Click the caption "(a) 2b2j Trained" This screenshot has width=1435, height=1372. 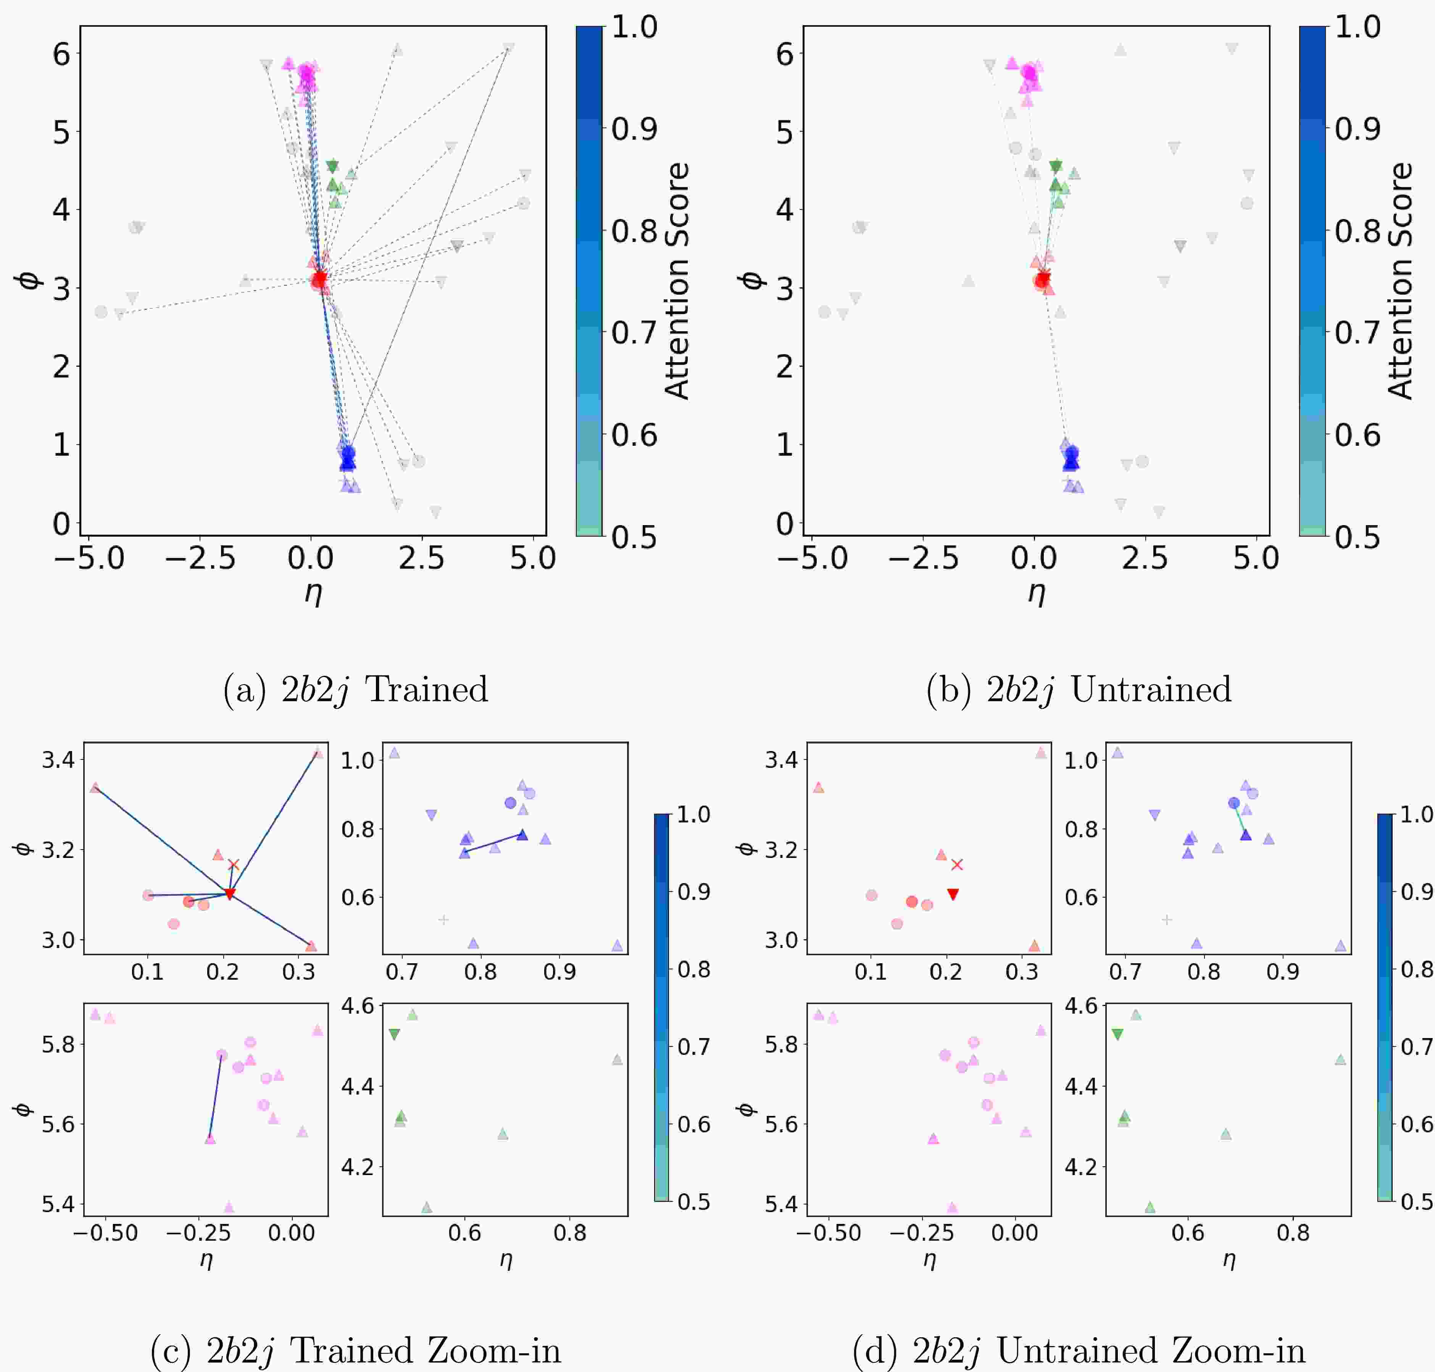click(x=355, y=690)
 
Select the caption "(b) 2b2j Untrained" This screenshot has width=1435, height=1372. click(x=1079, y=690)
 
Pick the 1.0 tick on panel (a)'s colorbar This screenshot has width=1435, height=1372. click(x=634, y=28)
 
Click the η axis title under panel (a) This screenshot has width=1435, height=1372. click(x=313, y=592)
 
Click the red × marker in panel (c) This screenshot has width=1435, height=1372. click(x=233, y=864)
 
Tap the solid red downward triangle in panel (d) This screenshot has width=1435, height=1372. click(x=952, y=894)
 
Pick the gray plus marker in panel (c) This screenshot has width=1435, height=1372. click(x=443, y=919)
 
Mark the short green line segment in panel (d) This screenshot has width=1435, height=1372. click(x=1240, y=819)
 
